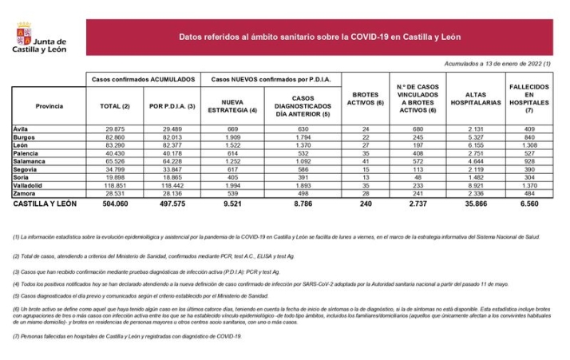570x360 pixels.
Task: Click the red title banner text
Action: [319, 38]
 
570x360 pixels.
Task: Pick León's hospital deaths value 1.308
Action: [528, 146]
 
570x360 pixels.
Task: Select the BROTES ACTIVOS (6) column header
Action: [365, 98]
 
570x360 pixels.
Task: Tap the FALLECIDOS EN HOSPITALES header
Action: [528, 97]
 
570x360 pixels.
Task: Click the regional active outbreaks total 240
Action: [365, 204]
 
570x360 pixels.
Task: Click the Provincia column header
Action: [49, 105]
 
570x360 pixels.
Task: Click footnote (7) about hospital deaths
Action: [128, 336]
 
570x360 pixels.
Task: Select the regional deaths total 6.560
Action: [528, 204]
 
